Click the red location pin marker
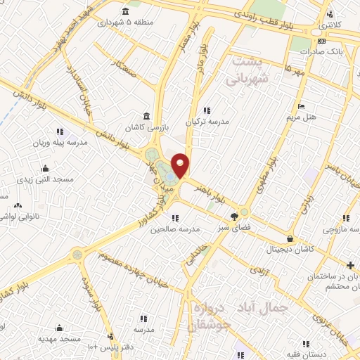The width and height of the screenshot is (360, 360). click(x=181, y=165)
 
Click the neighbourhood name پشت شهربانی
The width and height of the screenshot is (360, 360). click(x=247, y=70)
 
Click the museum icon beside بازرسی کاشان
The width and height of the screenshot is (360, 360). click(x=147, y=115)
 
